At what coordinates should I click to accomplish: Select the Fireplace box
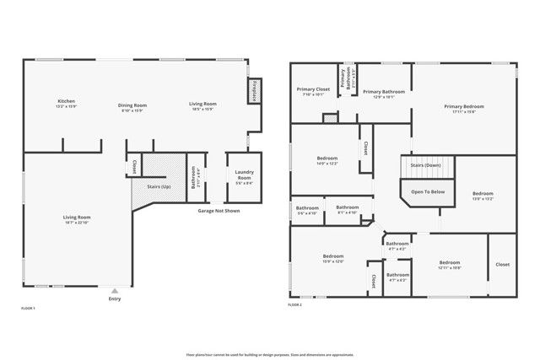[252, 90]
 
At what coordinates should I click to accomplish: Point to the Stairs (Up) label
[159, 185]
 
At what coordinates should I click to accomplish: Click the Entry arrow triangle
[115, 290]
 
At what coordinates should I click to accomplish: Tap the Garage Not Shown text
[219, 211]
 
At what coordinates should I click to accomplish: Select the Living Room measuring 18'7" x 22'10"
[77, 219]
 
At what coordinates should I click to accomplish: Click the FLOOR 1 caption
[28, 309]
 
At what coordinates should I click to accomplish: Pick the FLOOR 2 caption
[294, 304]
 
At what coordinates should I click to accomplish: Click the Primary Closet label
[312, 91]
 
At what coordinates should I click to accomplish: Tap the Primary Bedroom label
[464, 109]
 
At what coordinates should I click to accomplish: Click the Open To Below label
[428, 191]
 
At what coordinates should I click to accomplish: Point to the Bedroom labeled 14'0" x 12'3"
[327, 160]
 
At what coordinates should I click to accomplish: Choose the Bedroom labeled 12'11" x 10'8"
[449, 265]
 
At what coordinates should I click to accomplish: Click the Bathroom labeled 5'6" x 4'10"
[307, 210]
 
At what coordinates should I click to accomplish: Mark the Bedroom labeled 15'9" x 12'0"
[332, 258]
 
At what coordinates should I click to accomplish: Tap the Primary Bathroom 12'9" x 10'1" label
[384, 93]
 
